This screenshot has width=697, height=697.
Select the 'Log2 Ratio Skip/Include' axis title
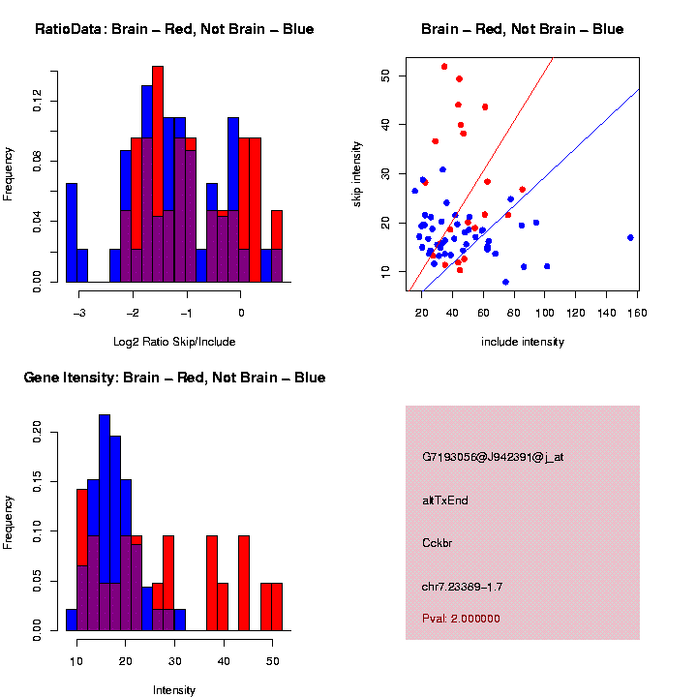174,341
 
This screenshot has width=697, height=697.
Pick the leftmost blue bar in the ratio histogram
71,232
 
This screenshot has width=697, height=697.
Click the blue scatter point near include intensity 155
630,237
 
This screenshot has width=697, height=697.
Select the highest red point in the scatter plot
444,67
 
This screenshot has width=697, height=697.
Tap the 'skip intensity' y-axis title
357,172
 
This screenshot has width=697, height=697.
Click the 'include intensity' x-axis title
523,341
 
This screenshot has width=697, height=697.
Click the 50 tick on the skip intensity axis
385,75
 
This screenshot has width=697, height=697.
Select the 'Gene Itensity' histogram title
174,377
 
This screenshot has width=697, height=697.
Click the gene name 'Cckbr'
438,542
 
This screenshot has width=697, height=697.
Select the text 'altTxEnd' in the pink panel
445,500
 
